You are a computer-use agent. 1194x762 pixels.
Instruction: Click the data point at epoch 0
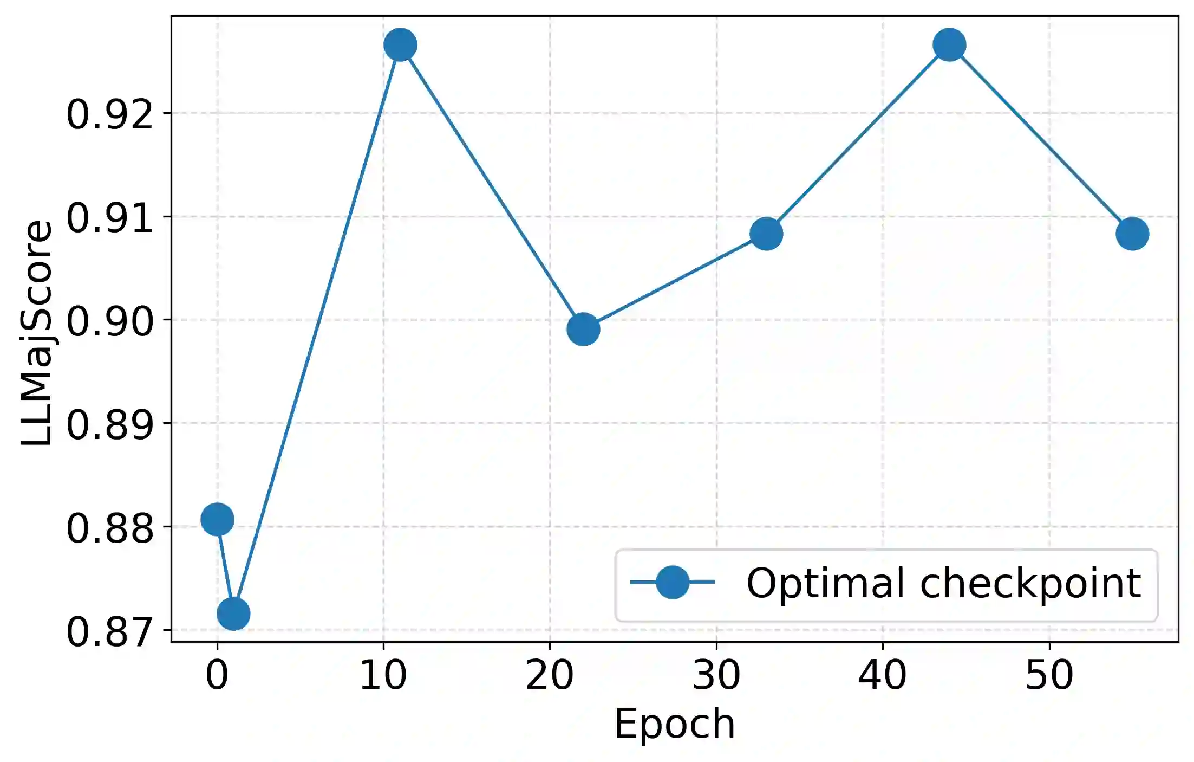point(217,519)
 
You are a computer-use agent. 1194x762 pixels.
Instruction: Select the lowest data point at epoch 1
point(233,614)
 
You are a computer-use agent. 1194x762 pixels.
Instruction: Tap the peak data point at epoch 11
point(400,45)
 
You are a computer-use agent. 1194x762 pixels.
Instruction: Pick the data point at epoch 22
point(583,329)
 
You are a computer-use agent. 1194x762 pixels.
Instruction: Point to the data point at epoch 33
point(766,234)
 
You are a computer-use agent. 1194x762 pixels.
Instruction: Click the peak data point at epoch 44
point(949,45)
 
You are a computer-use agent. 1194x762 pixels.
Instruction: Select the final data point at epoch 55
point(1132,234)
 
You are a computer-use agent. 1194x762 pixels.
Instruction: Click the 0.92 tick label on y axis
point(110,114)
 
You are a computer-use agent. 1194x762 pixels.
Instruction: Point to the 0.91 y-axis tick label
point(110,218)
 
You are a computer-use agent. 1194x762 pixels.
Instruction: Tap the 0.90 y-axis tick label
point(110,321)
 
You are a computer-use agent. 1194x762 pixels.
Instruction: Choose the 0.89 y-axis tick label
point(110,424)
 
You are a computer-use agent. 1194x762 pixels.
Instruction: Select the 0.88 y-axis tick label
point(110,528)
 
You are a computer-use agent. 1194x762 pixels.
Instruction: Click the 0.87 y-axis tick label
point(110,631)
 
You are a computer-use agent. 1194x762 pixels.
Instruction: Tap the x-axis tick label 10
point(383,675)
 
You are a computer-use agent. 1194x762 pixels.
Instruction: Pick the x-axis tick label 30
point(716,675)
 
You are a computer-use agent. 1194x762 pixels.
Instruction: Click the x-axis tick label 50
point(1049,675)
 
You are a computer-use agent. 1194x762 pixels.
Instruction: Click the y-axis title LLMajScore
point(37,333)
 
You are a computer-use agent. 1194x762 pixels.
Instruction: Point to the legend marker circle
point(673,582)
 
